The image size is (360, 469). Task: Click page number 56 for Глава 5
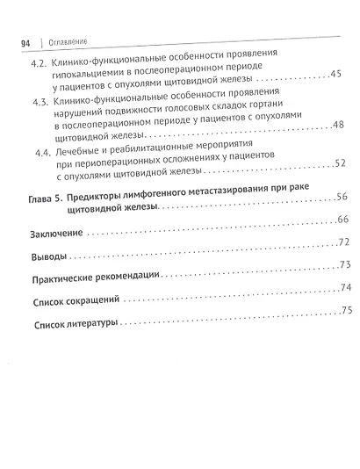point(343,197)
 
